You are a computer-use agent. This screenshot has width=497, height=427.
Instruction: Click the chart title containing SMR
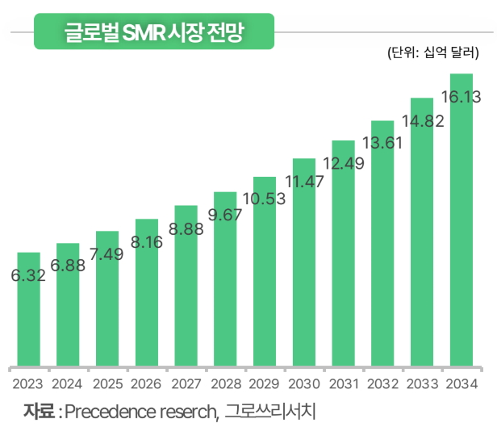pyautogui.click(x=154, y=32)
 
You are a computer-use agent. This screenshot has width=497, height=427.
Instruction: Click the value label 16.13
pyautogui.click(x=461, y=98)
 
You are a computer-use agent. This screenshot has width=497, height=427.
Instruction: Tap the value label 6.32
pyautogui.click(x=28, y=275)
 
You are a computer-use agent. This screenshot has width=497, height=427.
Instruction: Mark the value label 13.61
pyautogui.click(x=382, y=143)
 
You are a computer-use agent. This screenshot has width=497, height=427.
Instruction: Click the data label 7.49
pyautogui.click(x=107, y=254)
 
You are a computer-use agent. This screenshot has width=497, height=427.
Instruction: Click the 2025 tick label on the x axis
pyautogui.click(x=107, y=383)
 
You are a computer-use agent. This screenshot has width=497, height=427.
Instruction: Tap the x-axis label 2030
pyautogui.click(x=304, y=383)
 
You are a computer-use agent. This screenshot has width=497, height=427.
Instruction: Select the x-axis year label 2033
pyautogui.click(x=422, y=383)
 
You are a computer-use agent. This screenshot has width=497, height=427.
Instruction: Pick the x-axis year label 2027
pyautogui.click(x=186, y=383)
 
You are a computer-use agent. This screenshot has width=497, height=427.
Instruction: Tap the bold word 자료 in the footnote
pyautogui.click(x=39, y=410)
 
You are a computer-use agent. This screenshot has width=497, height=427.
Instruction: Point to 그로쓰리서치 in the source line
pyautogui.click(x=273, y=410)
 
